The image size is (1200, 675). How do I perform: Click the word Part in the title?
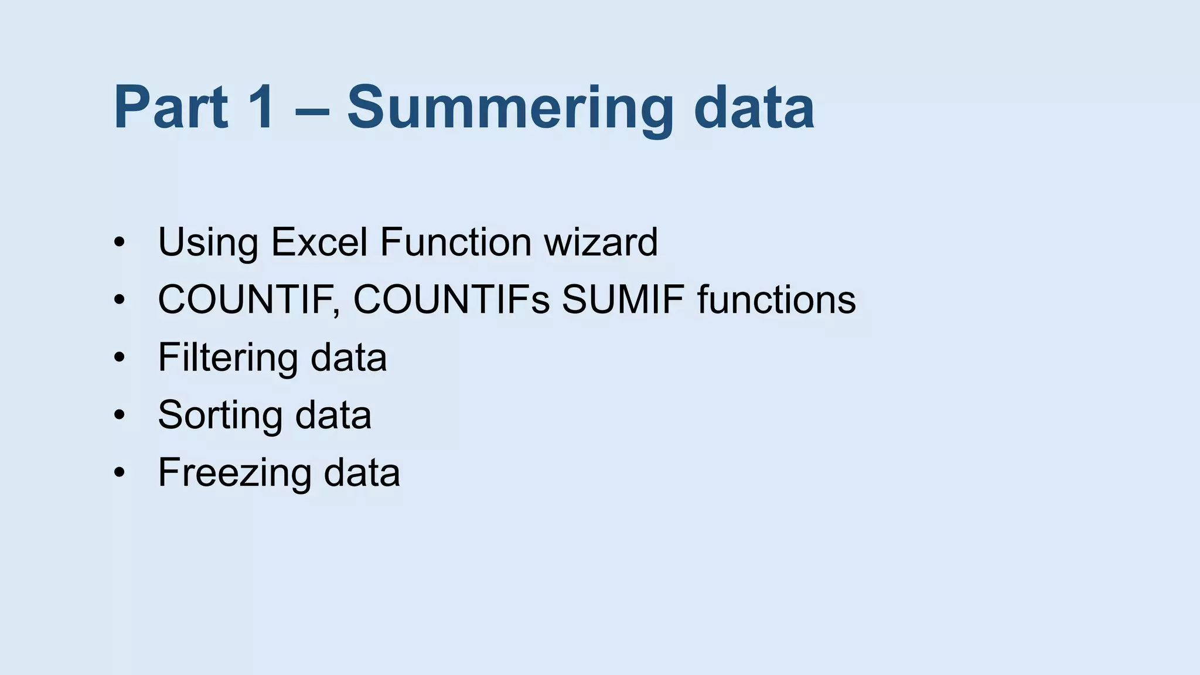(x=171, y=108)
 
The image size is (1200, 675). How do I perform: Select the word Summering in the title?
(x=510, y=109)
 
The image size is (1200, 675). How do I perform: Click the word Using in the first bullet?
(x=208, y=242)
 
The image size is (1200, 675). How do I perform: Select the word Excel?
(x=319, y=242)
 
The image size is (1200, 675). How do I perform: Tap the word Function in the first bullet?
(x=455, y=242)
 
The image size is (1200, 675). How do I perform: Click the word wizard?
(x=601, y=242)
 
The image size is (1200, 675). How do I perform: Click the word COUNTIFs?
(x=451, y=299)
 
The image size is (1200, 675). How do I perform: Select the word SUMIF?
(x=623, y=299)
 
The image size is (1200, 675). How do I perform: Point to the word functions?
(x=776, y=299)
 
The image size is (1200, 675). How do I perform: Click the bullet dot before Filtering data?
(x=120, y=357)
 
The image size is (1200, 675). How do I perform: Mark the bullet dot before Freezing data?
(x=120, y=472)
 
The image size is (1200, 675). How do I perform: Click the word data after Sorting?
(x=333, y=415)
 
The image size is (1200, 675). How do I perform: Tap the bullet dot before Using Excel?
(x=120, y=242)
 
